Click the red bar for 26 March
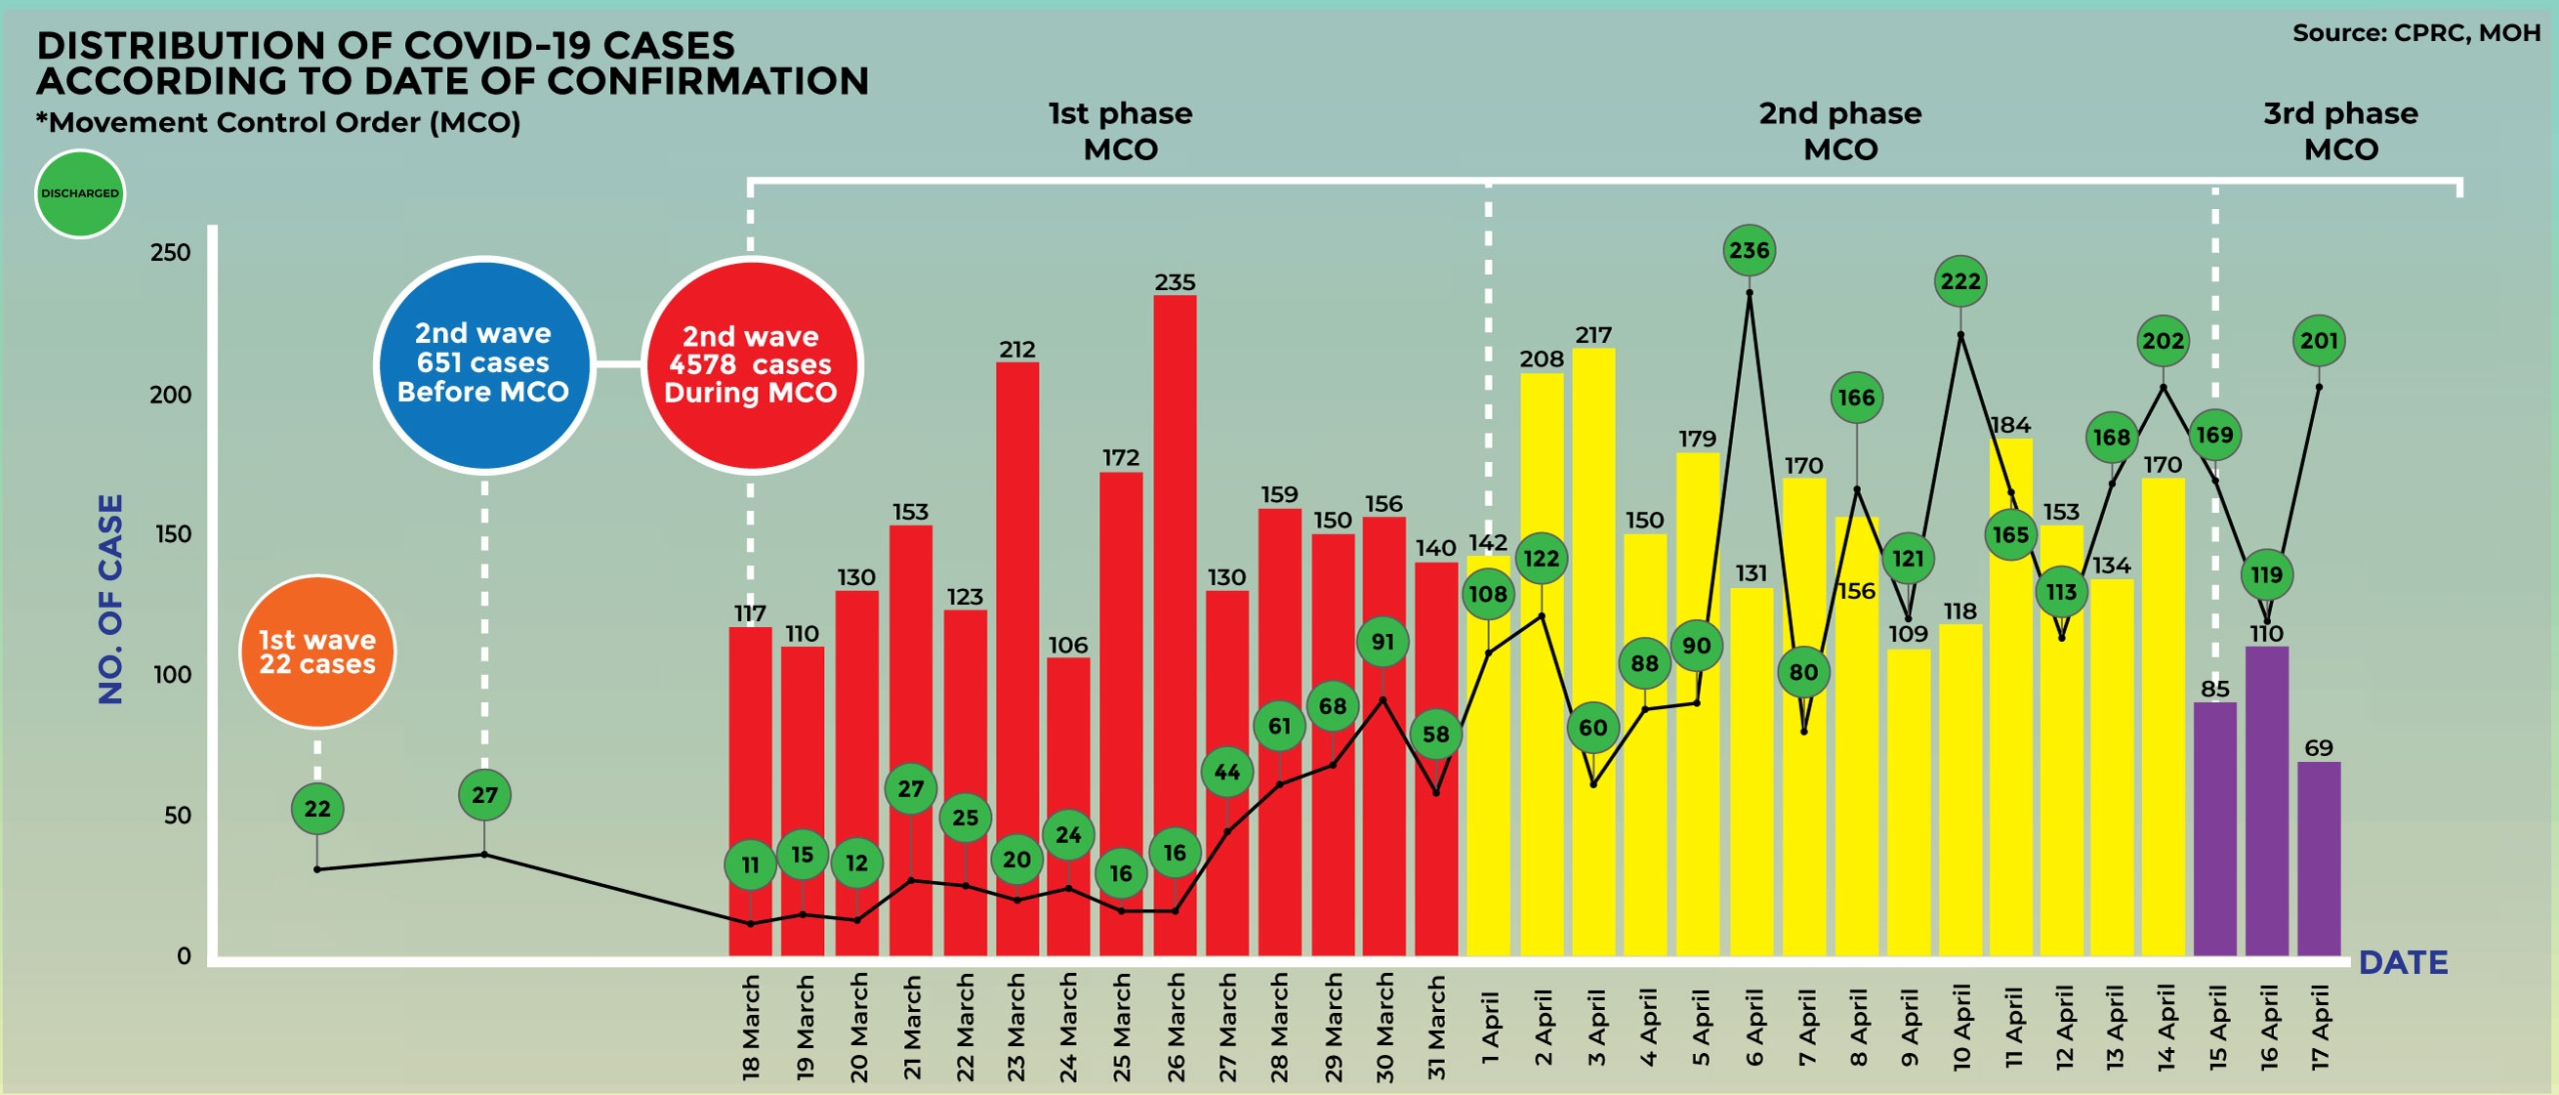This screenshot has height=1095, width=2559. coord(1175,626)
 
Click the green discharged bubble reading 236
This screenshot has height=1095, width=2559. coord(1750,250)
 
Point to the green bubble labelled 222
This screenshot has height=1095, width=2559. coord(1960,281)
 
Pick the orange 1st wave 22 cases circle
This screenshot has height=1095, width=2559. coord(317,652)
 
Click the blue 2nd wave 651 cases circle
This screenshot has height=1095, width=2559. coord(484,363)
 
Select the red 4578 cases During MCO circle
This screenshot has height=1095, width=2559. coord(751,364)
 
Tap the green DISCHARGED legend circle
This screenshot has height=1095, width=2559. coord(79,193)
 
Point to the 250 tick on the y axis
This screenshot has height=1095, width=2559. coord(170,252)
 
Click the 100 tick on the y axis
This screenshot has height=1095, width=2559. coord(170,675)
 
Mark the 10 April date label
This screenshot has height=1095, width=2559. coord(1961,1027)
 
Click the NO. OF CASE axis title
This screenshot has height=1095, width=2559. coord(110,599)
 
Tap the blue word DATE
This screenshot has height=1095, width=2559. coord(2403,962)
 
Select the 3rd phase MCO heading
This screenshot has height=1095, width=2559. coord(2340,131)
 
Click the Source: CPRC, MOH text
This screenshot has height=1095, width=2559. coord(2415,33)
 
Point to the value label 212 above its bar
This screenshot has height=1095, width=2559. coord(1017,350)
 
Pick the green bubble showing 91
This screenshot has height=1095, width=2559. coord(1383,642)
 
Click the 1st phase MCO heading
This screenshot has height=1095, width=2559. coord(1121,131)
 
